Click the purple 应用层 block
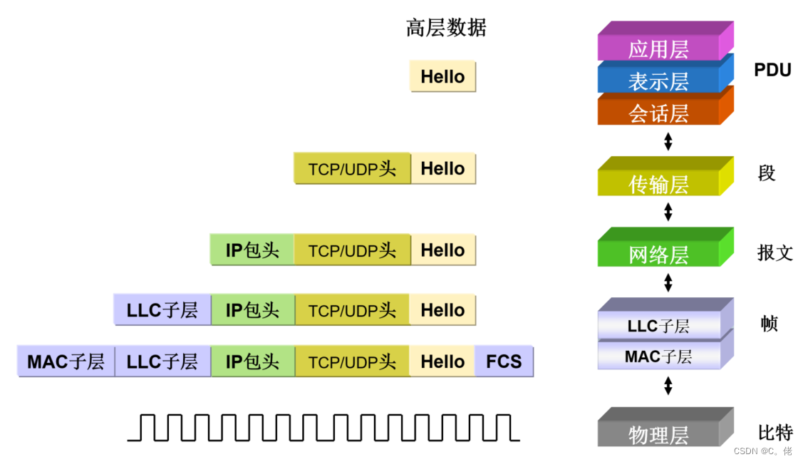point(658,48)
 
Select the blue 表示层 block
point(658,81)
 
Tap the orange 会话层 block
point(658,113)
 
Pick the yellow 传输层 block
point(658,184)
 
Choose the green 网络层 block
point(658,255)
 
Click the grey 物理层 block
point(658,434)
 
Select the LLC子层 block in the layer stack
point(658,326)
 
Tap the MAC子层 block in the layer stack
point(658,356)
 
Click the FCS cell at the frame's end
point(504,361)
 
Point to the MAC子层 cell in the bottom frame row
point(66,361)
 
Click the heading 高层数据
point(446,28)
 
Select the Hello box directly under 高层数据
point(442,76)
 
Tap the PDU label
point(772,70)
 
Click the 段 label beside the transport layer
point(767,173)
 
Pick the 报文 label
point(774,252)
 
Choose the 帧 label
point(769,324)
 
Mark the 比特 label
point(775,432)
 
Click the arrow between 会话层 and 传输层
point(668,141)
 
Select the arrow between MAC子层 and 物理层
point(668,386)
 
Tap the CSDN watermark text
point(762,451)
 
